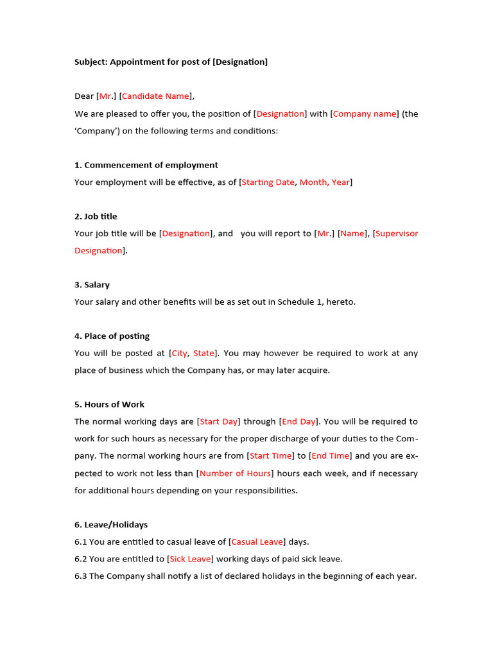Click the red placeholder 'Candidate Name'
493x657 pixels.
(155, 96)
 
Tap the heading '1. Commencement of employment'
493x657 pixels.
(146, 165)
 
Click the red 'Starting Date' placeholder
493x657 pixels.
(268, 182)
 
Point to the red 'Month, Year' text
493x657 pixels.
(325, 182)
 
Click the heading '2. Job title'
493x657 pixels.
(96, 216)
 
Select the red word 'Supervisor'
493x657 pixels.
(397, 234)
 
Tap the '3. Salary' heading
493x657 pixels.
(92, 285)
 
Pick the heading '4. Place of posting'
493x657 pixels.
(112, 336)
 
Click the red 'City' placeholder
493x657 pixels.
(179, 353)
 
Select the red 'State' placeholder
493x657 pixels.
(203, 353)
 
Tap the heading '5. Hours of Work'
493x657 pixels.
(109, 404)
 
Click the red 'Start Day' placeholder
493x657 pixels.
(219, 422)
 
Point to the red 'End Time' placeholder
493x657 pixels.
(331, 456)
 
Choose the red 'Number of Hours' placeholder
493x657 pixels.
(236, 474)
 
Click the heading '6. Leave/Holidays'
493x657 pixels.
(111, 525)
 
